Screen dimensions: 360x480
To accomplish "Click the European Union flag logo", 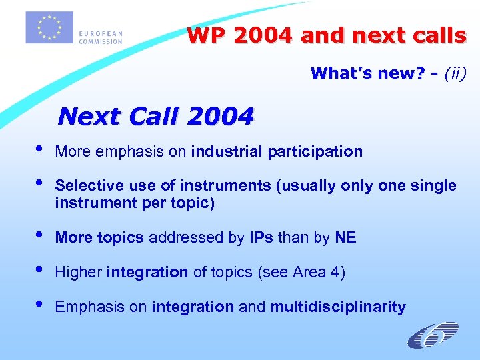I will (x=49, y=27).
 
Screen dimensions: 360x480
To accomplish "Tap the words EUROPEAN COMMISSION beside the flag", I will (x=101, y=37).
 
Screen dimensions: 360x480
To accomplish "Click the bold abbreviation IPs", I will (x=261, y=237).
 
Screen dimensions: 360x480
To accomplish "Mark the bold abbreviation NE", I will (x=345, y=237).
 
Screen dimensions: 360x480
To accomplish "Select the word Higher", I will (x=79, y=272).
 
